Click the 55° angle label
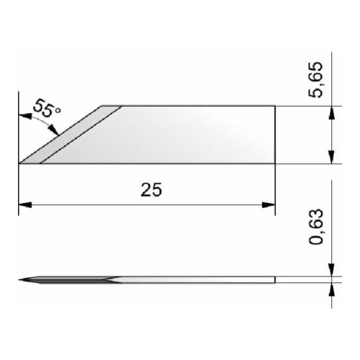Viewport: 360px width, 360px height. tap(47, 108)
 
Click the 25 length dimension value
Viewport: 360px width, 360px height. tap(151, 189)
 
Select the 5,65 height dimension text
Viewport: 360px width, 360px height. tap(315, 80)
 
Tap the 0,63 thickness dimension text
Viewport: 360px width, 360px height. tap(315, 227)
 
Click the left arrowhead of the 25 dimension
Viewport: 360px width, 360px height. tap(25, 205)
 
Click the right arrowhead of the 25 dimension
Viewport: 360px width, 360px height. tap(269, 205)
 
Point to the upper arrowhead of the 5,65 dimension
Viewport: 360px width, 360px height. tap(331, 113)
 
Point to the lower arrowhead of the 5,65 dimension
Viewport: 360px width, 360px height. tap(331, 157)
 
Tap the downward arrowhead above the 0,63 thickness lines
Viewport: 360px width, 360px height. tap(331, 270)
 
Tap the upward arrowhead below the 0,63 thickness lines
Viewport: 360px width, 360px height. tap(331, 289)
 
